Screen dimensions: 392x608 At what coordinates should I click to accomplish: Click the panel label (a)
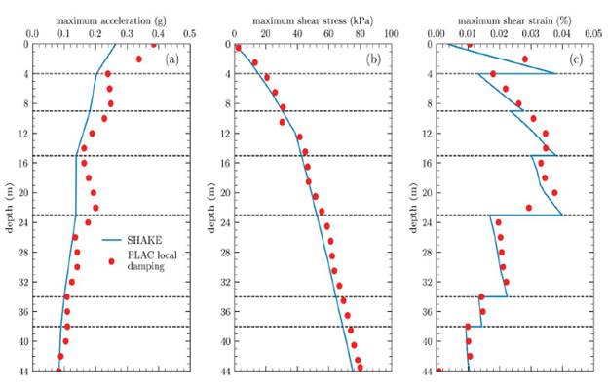click(171, 59)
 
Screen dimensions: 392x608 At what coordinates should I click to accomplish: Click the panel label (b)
click(373, 59)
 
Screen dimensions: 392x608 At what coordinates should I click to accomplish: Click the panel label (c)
click(576, 59)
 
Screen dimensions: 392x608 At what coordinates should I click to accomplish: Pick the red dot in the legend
click(112, 260)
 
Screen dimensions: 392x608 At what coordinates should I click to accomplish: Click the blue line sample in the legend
click(112, 238)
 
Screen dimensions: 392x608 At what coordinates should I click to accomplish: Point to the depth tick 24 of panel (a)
click(23, 222)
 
